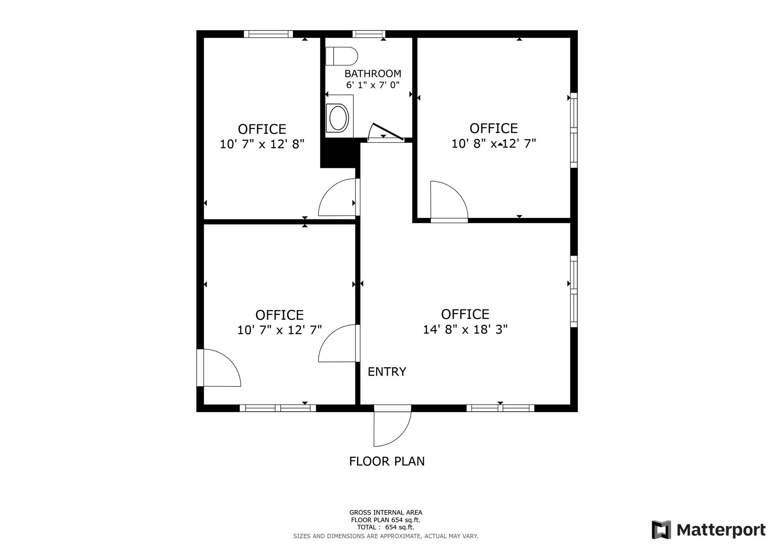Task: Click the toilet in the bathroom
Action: (341, 56)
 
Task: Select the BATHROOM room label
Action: (373, 73)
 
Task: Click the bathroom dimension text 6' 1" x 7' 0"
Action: (373, 85)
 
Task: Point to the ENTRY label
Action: (387, 372)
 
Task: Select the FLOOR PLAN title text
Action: (387, 461)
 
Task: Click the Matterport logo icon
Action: (661, 530)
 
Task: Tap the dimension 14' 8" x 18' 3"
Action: (465, 329)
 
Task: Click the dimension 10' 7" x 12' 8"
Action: (262, 144)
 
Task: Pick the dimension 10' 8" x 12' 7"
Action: (494, 144)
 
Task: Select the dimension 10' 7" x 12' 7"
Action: (280, 330)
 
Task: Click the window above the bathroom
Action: (369, 34)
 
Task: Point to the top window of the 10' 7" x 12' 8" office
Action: (268, 34)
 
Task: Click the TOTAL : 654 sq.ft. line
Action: (385, 527)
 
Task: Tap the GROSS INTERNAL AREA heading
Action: (386, 513)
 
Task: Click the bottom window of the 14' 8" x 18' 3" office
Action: (500, 408)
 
